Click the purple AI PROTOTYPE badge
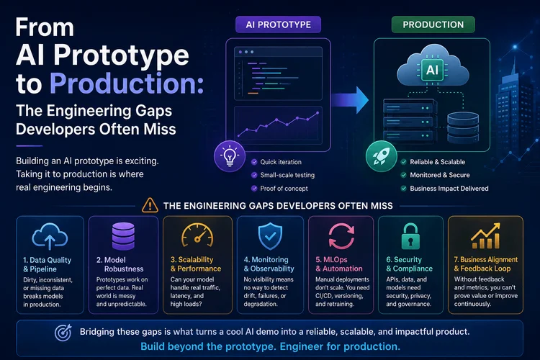click(x=278, y=24)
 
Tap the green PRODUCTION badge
click(x=433, y=24)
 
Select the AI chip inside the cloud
click(x=432, y=70)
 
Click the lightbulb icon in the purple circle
click(x=230, y=156)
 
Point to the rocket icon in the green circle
click(x=381, y=156)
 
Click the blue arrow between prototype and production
click(x=350, y=100)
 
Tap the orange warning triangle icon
click(x=150, y=205)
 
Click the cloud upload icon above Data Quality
click(x=50, y=236)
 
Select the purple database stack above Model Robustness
click(x=123, y=236)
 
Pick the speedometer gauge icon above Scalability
click(x=197, y=235)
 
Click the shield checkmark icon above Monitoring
click(x=270, y=236)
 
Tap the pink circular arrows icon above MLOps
click(x=341, y=236)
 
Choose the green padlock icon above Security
click(x=410, y=236)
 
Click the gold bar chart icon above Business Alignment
click(x=485, y=236)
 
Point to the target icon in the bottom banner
click(x=63, y=333)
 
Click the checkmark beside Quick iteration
click(x=254, y=162)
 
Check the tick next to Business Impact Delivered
click(x=404, y=189)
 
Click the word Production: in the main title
click(x=127, y=84)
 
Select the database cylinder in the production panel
click(x=463, y=127)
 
